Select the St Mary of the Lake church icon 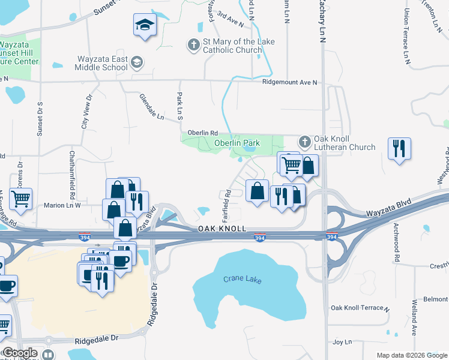[193, 45]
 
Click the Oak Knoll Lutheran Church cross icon [304, 142]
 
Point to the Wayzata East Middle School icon [137, 62]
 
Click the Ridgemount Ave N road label [289, 82]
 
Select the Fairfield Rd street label [229, 203]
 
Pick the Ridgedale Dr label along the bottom [97, 340]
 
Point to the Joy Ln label [342, 342]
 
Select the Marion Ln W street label [62, 205]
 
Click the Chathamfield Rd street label [72, 175]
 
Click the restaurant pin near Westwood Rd [399, 148]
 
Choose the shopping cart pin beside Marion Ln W [21, 199]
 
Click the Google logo [19, 353]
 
